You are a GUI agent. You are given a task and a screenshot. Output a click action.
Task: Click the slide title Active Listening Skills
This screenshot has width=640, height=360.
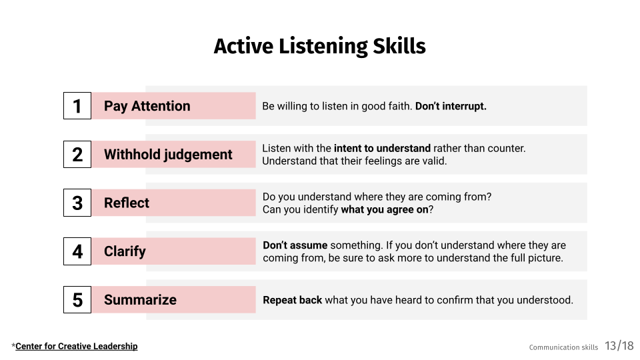click(319, 47)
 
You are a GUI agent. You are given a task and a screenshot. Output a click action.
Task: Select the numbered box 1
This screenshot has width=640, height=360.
click(77, 106)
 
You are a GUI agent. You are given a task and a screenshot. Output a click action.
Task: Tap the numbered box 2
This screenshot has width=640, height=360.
click(77, 155)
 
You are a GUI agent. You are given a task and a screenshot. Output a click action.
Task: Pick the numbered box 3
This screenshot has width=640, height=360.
click(77, 203)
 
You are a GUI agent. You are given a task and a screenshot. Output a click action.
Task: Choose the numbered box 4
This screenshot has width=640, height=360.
click(77, 251)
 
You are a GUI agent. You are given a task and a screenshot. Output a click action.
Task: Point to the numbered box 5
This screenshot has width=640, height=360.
click(77, 300)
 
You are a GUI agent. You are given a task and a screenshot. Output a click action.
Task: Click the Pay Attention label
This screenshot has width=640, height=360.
click(147, 106)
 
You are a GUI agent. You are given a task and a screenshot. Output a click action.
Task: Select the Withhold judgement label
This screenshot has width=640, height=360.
click(168, 155)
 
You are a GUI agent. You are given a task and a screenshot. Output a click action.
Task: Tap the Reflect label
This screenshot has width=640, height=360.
click(127, 203)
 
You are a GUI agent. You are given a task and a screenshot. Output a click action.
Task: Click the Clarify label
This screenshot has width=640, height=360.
click(125, 251)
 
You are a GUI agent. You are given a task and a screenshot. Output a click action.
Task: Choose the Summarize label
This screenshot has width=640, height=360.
click(140, 300)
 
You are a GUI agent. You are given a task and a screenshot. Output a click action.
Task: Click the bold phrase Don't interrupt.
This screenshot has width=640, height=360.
click(451, 106)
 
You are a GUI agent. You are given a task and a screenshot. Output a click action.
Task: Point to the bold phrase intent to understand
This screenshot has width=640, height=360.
click(382, 148)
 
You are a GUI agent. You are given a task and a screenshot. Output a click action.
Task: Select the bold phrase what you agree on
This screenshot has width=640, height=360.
click(384, 210)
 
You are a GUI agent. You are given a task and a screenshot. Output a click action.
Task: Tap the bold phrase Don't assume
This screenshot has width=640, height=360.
click(295, 245)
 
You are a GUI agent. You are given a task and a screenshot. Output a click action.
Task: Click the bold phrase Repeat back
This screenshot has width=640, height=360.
click(292, 300)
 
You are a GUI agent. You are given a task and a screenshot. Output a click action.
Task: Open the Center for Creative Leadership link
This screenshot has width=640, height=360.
click(76, 346)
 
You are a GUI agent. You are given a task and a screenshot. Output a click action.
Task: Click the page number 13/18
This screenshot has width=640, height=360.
click(619, 346)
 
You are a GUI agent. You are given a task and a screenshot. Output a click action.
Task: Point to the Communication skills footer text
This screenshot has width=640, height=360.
click(563, 347)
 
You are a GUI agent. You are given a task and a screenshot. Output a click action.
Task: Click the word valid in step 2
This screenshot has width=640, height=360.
click(433, 161)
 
